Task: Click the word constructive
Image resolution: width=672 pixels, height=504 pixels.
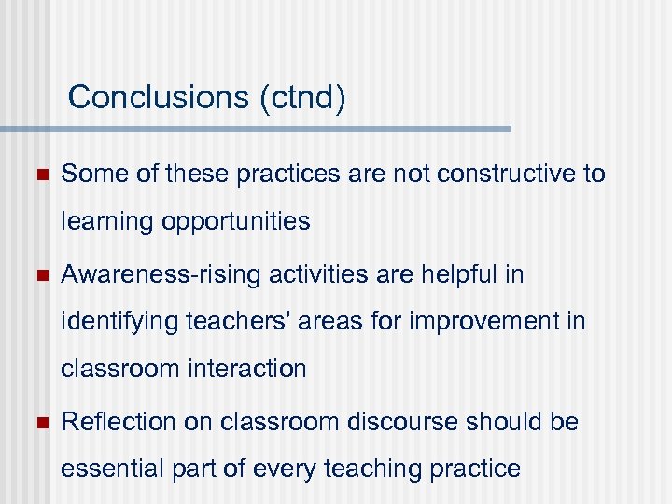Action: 507,174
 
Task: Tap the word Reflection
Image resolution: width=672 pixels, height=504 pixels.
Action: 119,423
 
